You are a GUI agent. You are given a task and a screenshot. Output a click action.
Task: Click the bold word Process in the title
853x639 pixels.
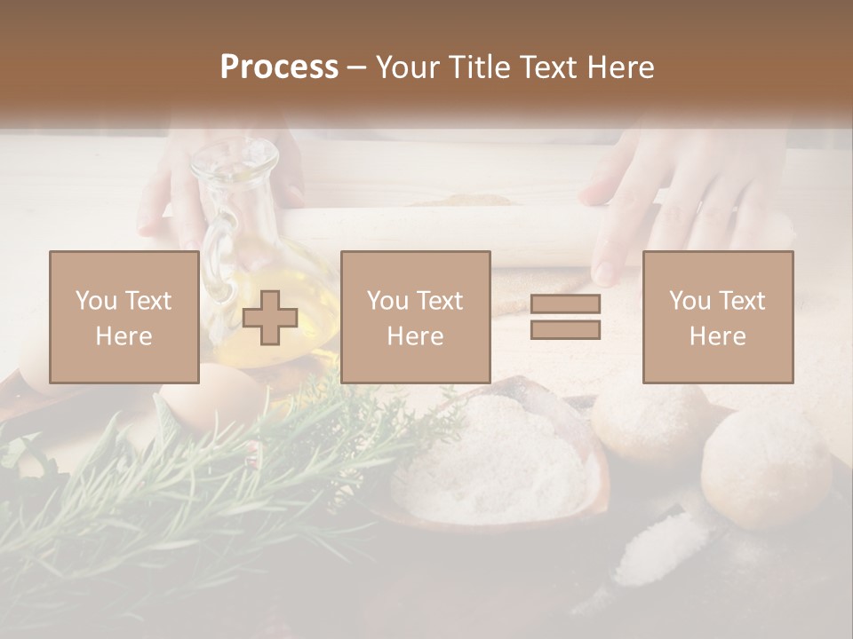tap(279, 67)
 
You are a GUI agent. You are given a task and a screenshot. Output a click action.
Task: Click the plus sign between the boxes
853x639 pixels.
tap(270, 318)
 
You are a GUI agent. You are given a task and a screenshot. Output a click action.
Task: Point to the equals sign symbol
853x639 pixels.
tap(565, 317)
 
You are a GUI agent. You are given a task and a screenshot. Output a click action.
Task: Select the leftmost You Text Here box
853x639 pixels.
tap(124, 317)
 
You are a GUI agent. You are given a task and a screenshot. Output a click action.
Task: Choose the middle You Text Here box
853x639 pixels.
tap(415, 317)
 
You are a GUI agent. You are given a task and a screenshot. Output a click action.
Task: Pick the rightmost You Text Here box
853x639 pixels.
tap(717, 317)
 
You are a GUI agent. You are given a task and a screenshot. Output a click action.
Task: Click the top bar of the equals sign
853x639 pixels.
tap(565, 304)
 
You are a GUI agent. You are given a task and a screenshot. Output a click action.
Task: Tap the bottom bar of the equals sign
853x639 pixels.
tap(565, 329)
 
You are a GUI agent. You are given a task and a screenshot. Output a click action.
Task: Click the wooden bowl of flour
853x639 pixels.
tap(498, 461)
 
